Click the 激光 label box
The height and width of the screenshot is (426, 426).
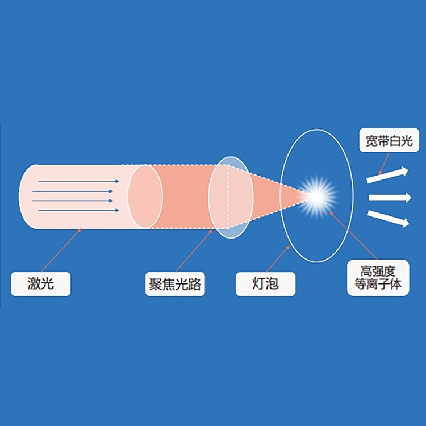click(x=41, y=283)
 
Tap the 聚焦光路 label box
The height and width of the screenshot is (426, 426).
click(x=175, y=283)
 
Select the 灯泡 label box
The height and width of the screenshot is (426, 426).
click(x=265, y=283)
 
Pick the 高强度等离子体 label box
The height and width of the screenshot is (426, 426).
click(x=378, y=278)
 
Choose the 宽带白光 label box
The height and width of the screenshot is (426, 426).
click(x=389, y=140)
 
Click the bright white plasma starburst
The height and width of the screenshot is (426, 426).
click(x=318, y=197)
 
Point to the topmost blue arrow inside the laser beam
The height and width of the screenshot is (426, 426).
click(x=78, y=181)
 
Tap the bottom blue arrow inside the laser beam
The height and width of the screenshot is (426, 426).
click(x=78, y=210)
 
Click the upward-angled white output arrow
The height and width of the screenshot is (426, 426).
click(x=387, y=176)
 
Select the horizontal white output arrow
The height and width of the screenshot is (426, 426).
click(x=390, y=197)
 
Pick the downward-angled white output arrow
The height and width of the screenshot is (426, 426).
click(x=389, y=219)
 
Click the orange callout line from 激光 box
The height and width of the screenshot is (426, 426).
click(x=61, y=250)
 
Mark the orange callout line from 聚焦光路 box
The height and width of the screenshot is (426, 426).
click(x=194, y=250)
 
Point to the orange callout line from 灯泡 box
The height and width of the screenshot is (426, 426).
click(x=278, y=258)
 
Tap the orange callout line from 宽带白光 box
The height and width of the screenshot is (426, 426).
click(x=384, y=163)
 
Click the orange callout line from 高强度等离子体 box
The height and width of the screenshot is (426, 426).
click(x=353, y=236)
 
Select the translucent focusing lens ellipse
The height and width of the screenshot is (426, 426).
click(x=231, y=198)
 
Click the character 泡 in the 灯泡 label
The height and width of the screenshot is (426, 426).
click(x=272, y=283)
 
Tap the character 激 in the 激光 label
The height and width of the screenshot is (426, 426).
click(x=34, y=283)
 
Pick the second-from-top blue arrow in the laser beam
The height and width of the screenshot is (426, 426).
click(x=72, y=191)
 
